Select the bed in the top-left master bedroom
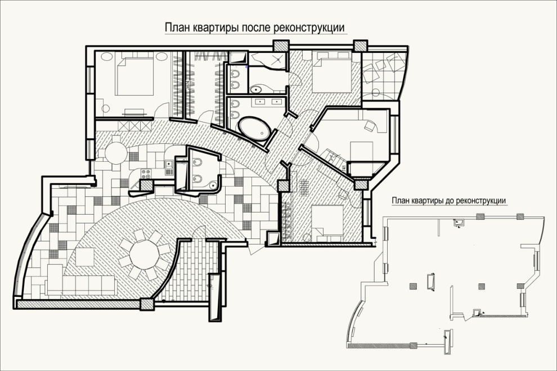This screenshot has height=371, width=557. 136,77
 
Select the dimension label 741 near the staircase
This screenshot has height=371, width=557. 343,168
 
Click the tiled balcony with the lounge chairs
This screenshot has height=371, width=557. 382,76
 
